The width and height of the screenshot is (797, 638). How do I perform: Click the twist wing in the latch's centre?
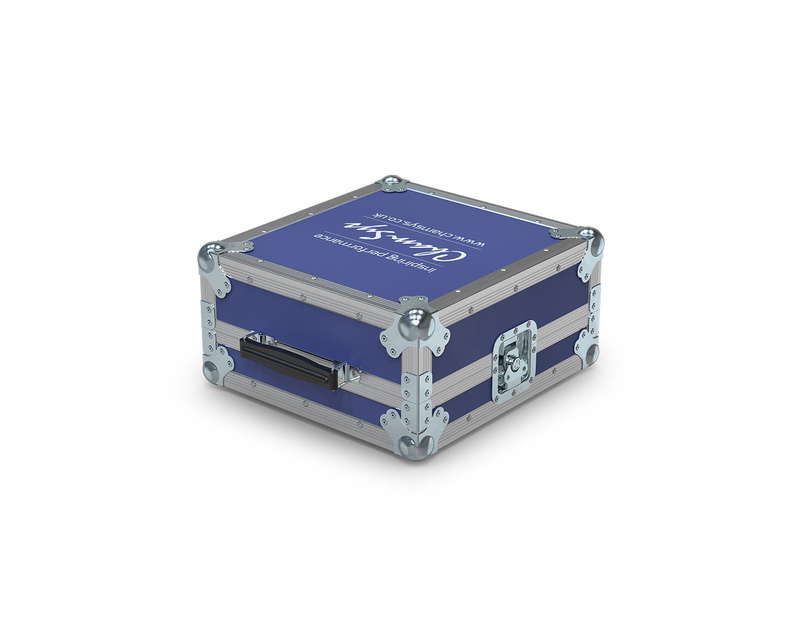click(514, 363)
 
